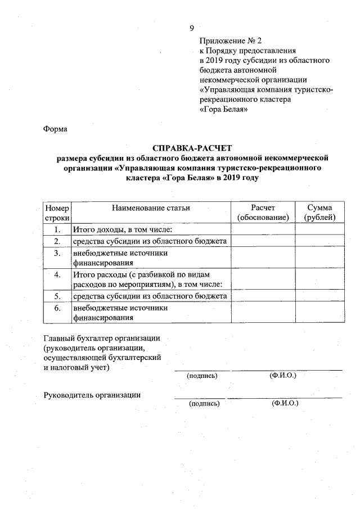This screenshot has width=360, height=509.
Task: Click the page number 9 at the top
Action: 192,28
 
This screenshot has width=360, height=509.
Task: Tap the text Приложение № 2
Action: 231,41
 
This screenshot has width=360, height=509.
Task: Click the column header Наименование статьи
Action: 151,208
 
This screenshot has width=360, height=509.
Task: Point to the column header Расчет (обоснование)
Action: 263,213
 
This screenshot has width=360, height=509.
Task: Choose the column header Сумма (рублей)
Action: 319,213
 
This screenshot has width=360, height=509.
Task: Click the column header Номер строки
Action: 57,213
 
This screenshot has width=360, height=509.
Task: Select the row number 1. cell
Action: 57,229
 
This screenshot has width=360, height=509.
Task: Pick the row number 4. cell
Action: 57,274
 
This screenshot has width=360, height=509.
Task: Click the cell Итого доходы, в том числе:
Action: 121,229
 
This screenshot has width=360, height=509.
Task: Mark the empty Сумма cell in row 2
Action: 319,241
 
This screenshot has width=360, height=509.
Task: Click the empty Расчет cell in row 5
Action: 263,296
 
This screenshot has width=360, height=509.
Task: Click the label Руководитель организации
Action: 92,394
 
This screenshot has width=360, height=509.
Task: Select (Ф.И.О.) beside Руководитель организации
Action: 285,403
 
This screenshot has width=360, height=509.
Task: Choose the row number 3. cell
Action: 57,253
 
